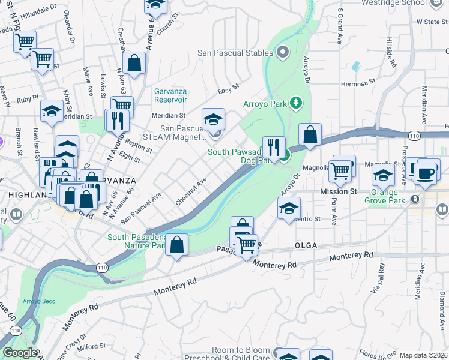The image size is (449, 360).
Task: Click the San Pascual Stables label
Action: tap(235, 53)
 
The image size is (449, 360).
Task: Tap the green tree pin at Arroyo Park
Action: tap(295, 103)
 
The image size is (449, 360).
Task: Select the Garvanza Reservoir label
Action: tap(170, 95)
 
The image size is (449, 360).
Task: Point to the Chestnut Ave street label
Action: tap(191, 189)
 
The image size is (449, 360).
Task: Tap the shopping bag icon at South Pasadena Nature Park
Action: tap(177, 245)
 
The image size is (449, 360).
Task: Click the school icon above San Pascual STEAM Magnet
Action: tap(213, 119)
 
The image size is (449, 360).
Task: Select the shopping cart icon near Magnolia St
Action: tap(340, 171)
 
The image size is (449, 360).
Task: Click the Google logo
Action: tap(20, 353)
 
